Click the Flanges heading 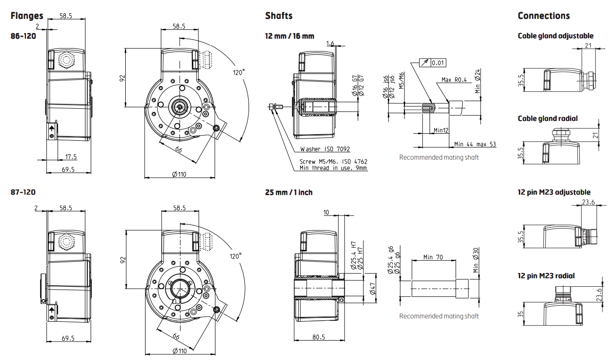pos(27,16)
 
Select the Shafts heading pos(279,16)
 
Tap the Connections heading pos(543,16)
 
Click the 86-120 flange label pos(23,35)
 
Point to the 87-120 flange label pos(23,192)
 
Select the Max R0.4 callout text pos(454,80)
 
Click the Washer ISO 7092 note pos(325,149)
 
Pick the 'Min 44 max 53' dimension pos(475,144)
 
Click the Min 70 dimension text pos(433,257)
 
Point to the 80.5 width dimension pos(319,337)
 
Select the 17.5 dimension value pos(71,156)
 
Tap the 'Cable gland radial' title pos(548,119)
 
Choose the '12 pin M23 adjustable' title pos(554,192)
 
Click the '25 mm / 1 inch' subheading pos(289,192)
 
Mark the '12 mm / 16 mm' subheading pos(290,36)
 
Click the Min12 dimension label pos(441,130)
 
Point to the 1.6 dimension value pos(330,43)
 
